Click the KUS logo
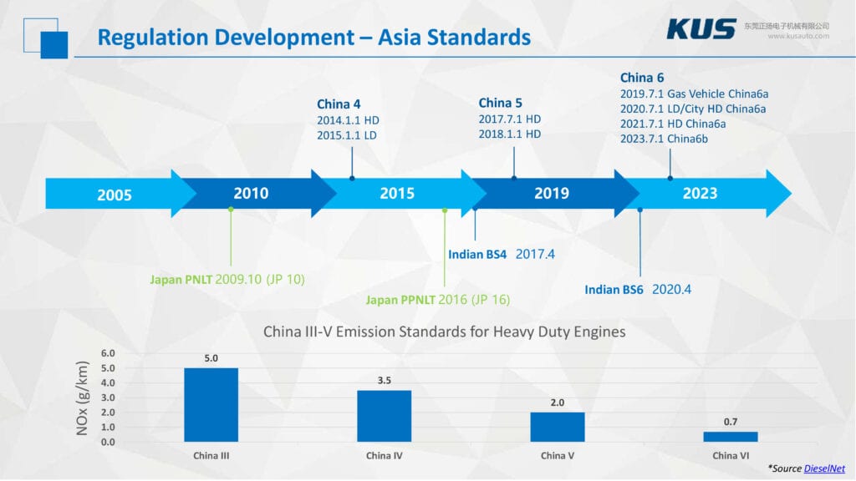(701, 28)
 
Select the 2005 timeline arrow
(115, 195)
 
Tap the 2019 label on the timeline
(552, 194)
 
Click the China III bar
(211, 404)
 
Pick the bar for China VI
(730, 436)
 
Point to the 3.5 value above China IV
(384, 380)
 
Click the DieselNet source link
(823, 469)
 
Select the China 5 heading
(500, 103)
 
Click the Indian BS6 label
(614, 290)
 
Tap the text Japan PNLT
(181, 279)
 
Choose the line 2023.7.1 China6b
(664, 139)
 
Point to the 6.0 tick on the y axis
(107, 353)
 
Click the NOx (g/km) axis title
(82, 398)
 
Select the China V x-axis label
(557, 456)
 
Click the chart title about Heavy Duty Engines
(444, 332)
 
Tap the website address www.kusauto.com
(798, 36)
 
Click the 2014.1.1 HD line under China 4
(348, 120)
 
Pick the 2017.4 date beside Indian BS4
(535, 254)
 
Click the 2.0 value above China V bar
(557, 403)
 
